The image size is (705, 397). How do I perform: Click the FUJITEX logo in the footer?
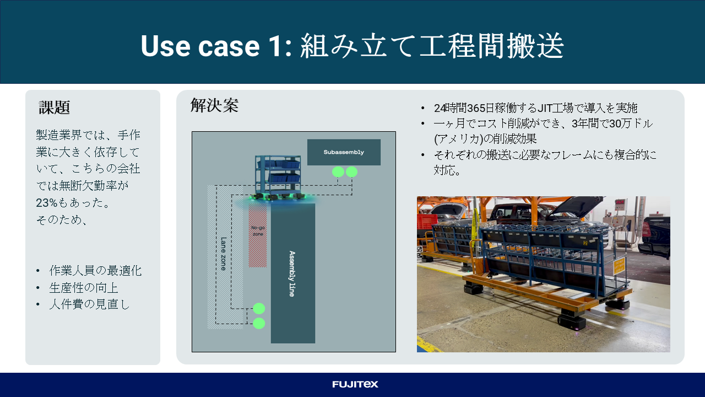point(355,384)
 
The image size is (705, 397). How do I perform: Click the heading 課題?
point(54,108)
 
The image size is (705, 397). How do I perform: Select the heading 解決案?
point(214,105)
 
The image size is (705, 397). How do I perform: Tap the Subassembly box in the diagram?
point(344,152)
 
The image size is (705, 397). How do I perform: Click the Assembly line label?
point(292,273)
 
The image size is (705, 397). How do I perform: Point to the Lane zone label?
point(224,254)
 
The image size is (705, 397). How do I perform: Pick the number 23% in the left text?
point(47,202)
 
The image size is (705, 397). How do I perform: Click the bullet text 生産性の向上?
point(84,288)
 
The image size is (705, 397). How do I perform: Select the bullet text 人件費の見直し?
point(89,304)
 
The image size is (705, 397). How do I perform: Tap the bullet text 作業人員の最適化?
point(95,271)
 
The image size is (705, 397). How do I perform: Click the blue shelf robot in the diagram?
point(278,177)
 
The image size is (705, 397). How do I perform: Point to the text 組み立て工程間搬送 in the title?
point(432,46)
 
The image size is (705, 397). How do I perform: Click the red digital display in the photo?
point(620,202)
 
